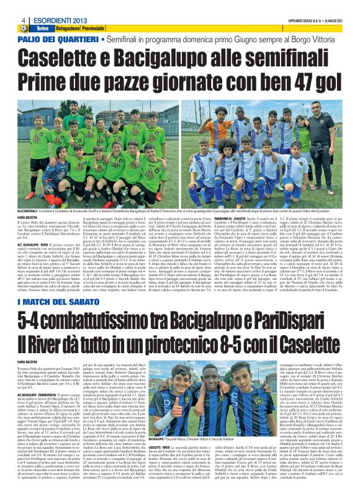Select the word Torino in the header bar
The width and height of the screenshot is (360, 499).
coord(42,29)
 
